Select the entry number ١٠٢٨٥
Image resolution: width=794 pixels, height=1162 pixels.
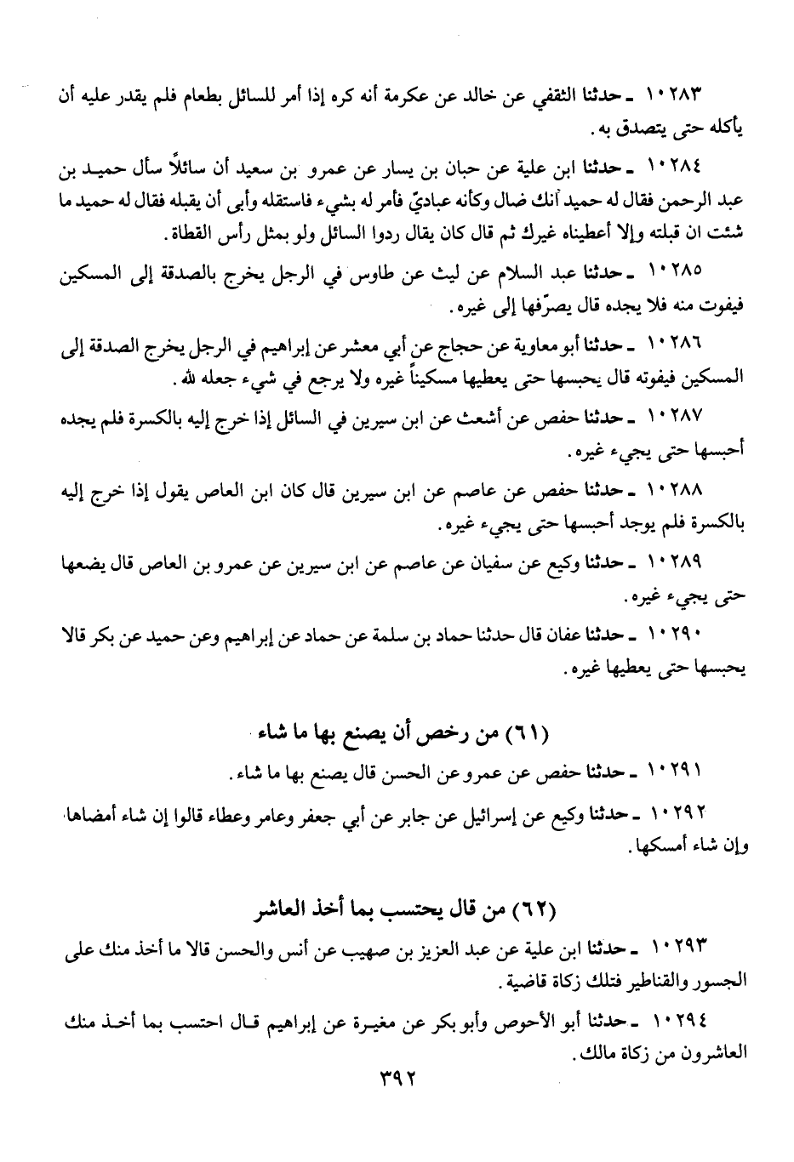pyautogui.click(x=678, y=272)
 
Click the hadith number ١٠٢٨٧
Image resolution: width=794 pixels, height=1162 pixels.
pyautogui.click(x=678, y=418)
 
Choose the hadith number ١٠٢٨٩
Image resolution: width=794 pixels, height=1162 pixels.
pyautogui.click(x=678, y=563)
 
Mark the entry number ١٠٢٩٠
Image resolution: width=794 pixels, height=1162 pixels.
pyautogui.click(x=678, y=635)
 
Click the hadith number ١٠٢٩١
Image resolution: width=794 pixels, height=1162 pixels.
pyautogui.click(x=678, y=771)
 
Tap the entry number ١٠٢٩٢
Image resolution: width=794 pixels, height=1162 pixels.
pyautogui.click(x=678, y=814)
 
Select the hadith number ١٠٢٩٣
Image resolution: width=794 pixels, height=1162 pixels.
pyautogui.click(x=678, y=948)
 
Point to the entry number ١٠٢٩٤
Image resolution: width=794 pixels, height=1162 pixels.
pyautogui.click(x=678, y=1021)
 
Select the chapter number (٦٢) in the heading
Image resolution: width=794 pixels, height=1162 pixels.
pyautogui.click(x=534, y=913)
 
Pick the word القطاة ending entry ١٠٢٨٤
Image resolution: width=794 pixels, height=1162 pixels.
pyautogui.click(x=194, y=233)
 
